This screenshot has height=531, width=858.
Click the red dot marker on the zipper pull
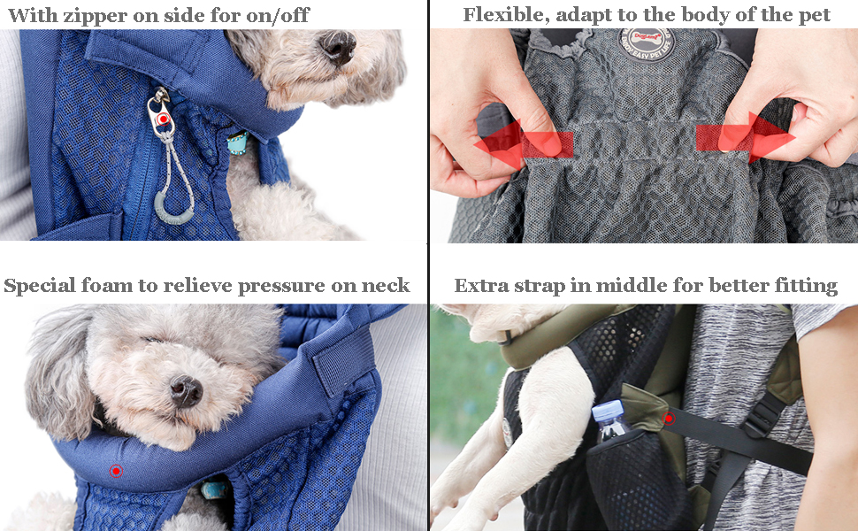162,118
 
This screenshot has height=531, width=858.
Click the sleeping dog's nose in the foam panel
186,390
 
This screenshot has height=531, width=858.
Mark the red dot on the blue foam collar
115,471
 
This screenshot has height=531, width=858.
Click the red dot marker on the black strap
669,418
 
